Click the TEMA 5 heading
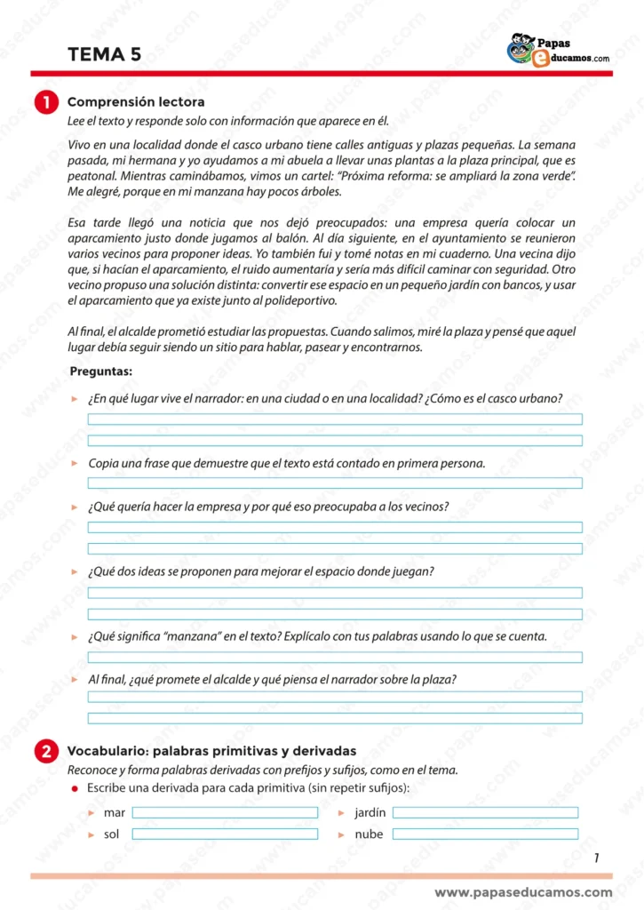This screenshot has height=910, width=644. click(104, 55)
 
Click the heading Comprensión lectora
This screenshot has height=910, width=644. click(136, 102)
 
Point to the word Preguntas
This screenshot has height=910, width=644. click(100, 371)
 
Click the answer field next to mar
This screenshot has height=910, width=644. click(225, 812)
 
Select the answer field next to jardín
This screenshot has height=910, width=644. click(485, 812)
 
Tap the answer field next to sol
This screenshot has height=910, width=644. click(225, 834)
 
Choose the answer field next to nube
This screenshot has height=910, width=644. click(485, 834)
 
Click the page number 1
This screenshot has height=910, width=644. click(596, 858)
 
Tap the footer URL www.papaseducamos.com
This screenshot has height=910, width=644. click(523, 892)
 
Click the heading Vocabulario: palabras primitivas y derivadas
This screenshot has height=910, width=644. click(211, 750)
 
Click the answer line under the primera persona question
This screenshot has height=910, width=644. click(335, 483)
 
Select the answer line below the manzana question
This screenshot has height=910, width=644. click(335, 658)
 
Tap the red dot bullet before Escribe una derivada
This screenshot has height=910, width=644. click(75, 789)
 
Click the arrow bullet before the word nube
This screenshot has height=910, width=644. click(341, 834)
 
